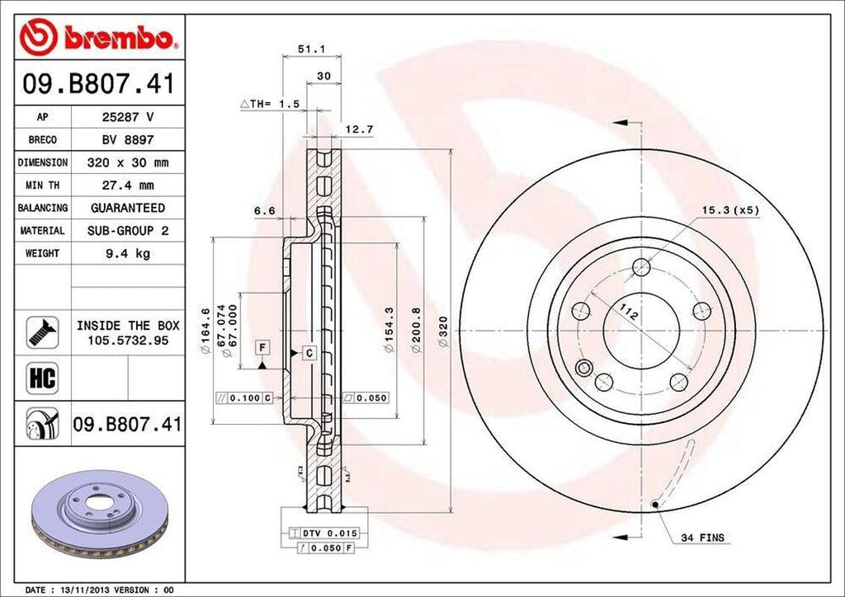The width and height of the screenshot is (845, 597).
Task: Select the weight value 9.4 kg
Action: (x=128, y=253)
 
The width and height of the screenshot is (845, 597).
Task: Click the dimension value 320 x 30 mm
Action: (x=128, y=163)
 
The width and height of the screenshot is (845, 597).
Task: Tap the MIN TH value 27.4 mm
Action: (x=128, y=186)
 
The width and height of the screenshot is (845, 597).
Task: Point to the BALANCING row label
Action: (x=42, y=208)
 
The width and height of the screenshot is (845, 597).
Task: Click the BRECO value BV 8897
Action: (x=128, y=140)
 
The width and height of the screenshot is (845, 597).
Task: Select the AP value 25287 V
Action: (x=128, y=118)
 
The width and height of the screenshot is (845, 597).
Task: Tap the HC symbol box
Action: (x=42, y=378)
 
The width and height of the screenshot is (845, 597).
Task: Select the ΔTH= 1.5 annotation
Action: (x=268, y=104)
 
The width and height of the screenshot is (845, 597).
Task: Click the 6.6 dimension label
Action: (x=264, y=211)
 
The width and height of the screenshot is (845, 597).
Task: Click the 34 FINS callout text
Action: (x=702, y=538)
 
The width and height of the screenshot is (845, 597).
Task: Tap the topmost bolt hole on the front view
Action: (x=641, y=267)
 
